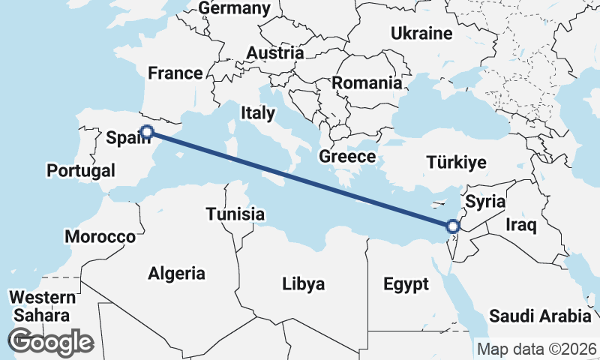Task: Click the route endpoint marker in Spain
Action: [x=147, y=132]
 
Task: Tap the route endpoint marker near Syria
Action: [x=452, y=226]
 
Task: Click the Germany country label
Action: [x=234, y=8]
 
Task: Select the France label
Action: [x=175, y=73]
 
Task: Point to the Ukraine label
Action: [x=421, y=33]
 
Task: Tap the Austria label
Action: [x=276, y=53]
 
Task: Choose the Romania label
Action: [x=367, y=82]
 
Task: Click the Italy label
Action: [x=257, y=113]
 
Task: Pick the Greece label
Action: [x=346, y=156]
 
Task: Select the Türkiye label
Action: [x=456, y=162]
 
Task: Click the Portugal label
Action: [x=81, y=171]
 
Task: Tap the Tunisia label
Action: [x=235, y=214]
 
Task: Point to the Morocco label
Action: [x=100, y=237]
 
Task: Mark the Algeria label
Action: [x=177, y=272]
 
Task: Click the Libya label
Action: [x=303, y=284]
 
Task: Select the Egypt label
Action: [x=406, y=284]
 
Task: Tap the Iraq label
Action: [x=520, y=224]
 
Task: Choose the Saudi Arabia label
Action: [x=540, y=316]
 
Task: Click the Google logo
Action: [x=50, y=342]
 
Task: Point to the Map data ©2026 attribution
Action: [x=537, y=349]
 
